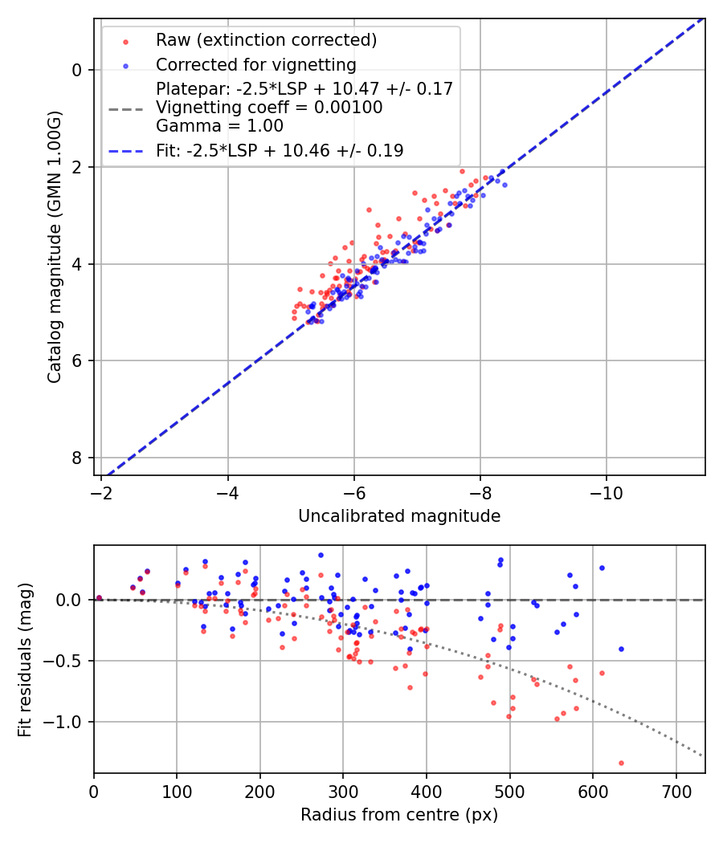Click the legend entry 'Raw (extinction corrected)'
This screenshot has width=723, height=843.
266,40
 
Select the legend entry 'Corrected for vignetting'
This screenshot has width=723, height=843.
256,64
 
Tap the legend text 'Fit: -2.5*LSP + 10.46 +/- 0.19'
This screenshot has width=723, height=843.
280,150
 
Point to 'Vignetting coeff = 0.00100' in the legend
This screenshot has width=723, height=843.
269,108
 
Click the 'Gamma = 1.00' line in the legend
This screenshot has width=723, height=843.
219,126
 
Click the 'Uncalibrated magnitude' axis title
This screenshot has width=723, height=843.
399,516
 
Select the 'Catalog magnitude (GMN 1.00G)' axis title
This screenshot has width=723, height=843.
54,246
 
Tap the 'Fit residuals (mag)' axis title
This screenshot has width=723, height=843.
25,659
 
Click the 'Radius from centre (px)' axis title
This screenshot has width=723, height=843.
399,815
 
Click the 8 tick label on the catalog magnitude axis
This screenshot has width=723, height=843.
77,458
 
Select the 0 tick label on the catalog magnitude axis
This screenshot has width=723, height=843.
77,70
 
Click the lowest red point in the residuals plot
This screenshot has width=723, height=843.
621,763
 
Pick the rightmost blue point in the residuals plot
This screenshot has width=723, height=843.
621,649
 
